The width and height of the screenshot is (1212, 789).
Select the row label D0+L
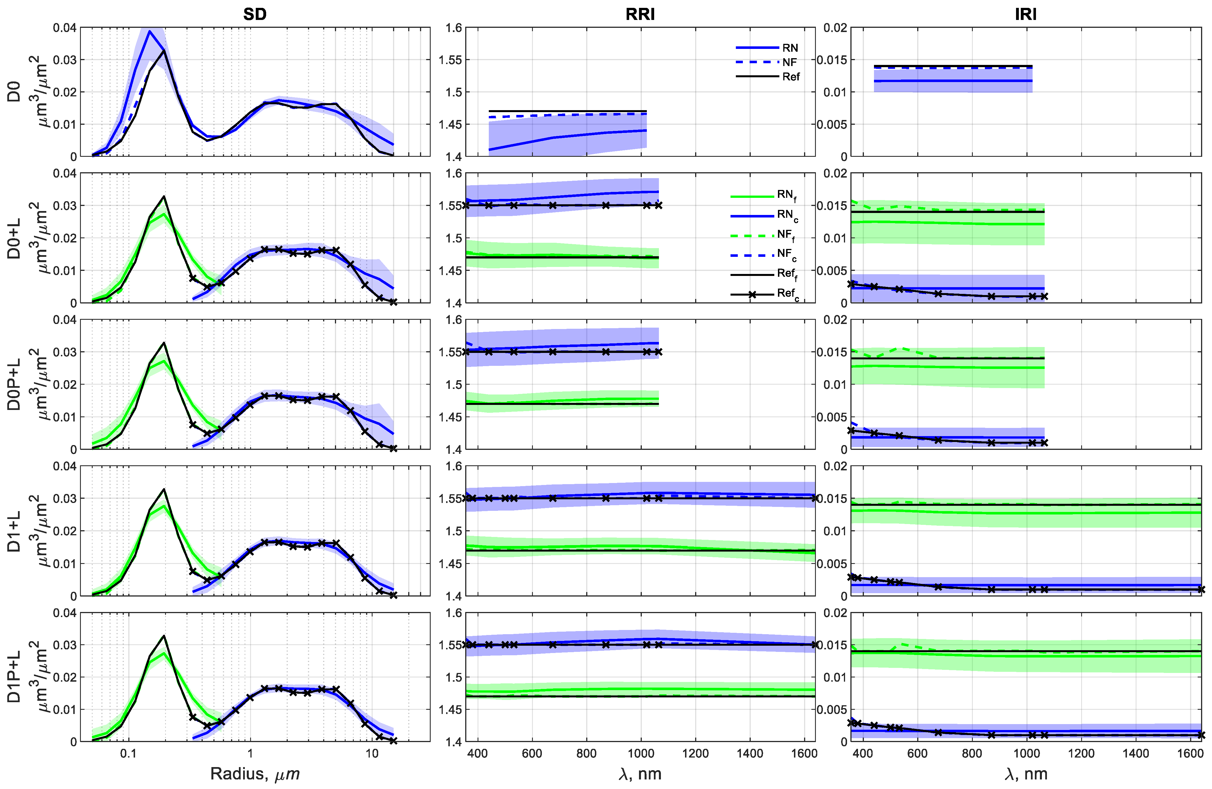click(14, 238)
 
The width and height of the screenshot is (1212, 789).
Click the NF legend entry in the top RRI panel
click(789, 62)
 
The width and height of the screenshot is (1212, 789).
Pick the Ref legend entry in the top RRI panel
click(790, 76)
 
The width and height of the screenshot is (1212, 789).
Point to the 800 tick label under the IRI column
click(972, 753)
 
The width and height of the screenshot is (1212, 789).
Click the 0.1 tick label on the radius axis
click(128, 753)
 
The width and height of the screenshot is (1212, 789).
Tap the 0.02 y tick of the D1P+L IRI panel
click(835, 612)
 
